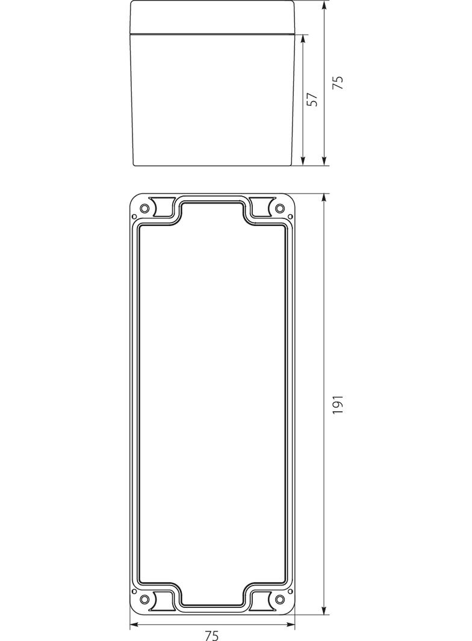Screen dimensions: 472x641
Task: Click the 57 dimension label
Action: (312, 99)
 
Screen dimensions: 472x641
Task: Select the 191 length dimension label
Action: (338, 404)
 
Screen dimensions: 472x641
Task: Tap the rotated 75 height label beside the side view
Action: (338, 82)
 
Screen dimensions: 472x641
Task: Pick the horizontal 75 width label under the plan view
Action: (212, 635)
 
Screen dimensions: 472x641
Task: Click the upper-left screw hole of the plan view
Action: (144, 209)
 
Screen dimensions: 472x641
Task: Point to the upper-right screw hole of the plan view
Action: (279, 209)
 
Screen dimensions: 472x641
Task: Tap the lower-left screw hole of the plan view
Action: (144, 600)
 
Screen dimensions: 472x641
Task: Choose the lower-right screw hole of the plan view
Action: (279, 600)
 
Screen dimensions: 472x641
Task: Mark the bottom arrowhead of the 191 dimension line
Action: (324, 609)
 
